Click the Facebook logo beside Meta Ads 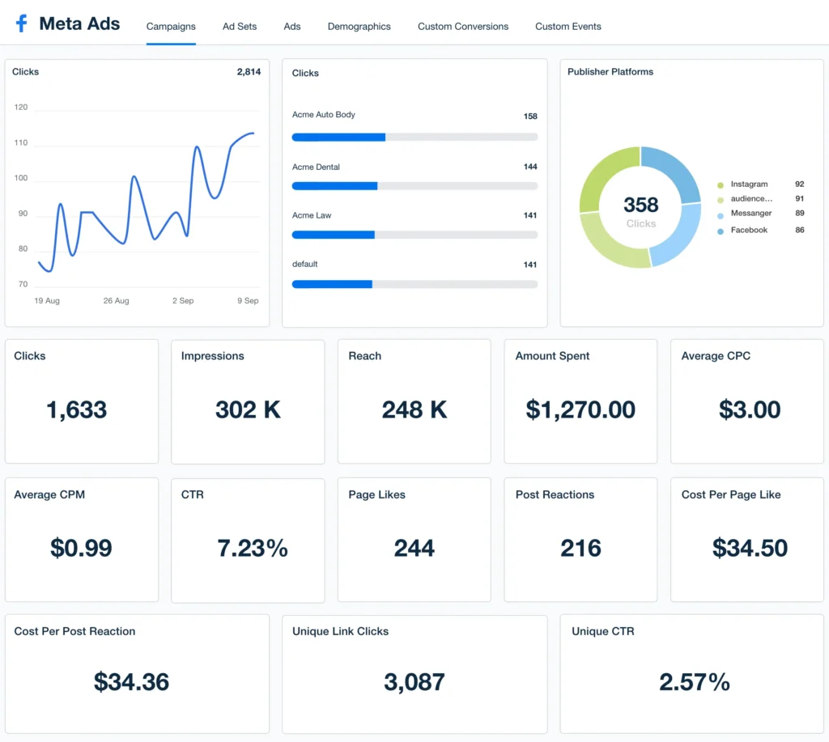21,24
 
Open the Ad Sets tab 240,27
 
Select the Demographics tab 359,27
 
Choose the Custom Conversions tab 463,27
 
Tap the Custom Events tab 568,27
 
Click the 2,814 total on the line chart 249,72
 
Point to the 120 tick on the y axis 21,108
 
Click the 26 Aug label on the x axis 116,301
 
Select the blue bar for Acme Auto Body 338,138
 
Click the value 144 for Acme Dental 530,167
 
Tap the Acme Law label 312,216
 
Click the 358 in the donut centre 640,206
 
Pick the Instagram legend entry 749,184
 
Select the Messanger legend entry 750,214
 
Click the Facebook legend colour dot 721,231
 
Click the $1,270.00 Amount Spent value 580,410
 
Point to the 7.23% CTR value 253,549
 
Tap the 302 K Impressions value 248,410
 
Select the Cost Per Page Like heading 730,495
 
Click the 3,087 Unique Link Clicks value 414,682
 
